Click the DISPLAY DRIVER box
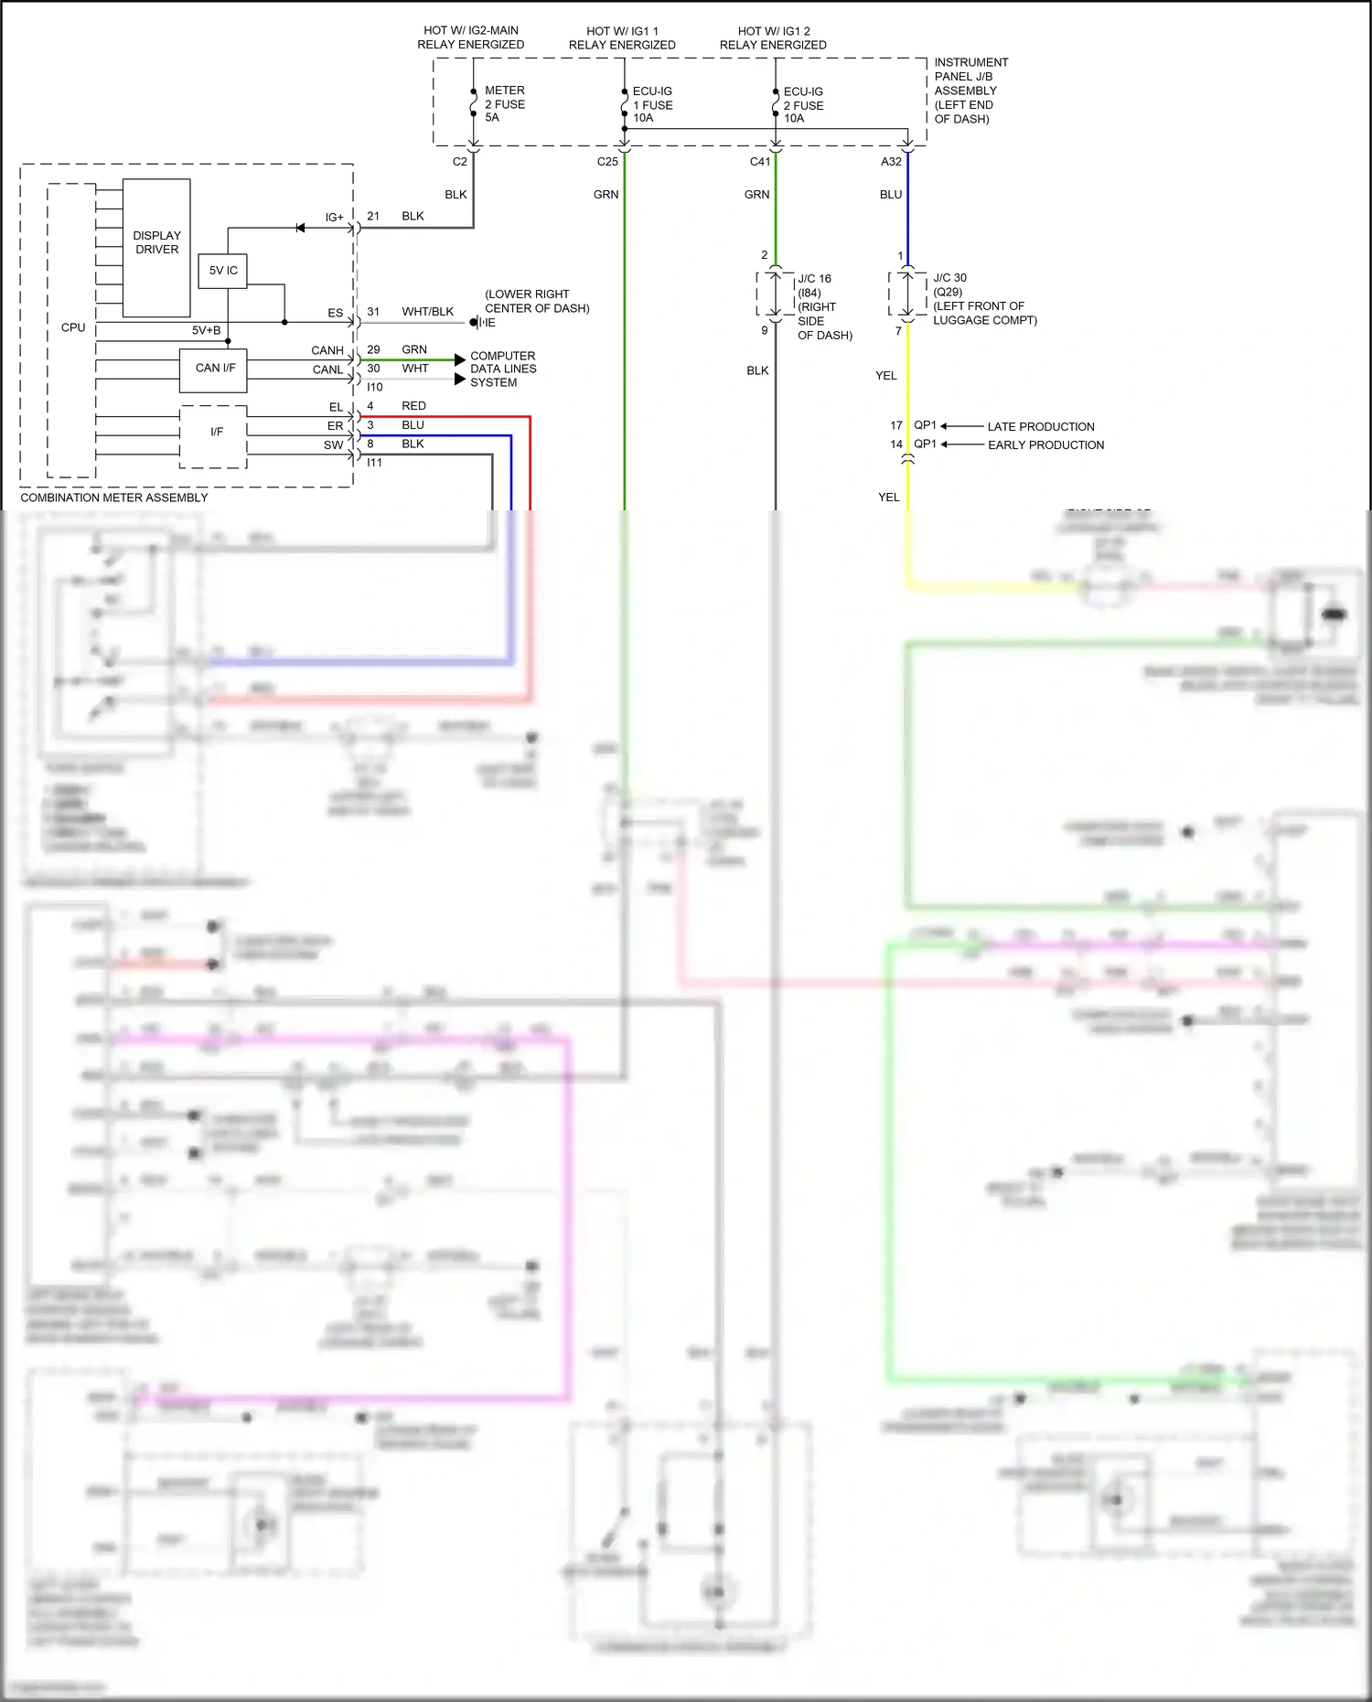(x=156, y=243)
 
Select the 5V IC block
(x=222, y=271)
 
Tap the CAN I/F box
(x=214, y=369)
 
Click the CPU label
(x=72, y=327)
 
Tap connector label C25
(x=607, y=162)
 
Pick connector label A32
(x=891, y=162)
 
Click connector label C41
(x=760, y=162)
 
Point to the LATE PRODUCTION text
(x=1041, y=427)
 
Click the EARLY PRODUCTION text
(x=1045, y=445)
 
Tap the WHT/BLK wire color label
(x=427, y=312)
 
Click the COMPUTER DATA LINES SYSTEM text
(x=502, y=369)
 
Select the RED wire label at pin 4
(x=413, y=406)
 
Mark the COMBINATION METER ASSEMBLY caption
(x=114, y=498)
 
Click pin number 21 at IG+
(x=373, y=217)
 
